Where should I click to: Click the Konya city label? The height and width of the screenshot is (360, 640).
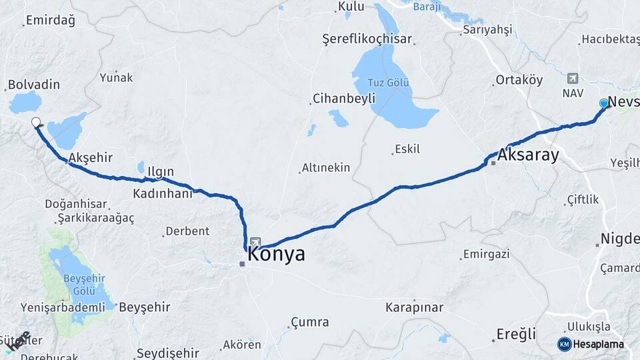[277, 254]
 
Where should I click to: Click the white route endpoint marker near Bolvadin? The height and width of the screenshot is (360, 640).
[36, 122]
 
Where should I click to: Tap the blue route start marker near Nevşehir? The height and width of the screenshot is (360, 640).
[603, 103]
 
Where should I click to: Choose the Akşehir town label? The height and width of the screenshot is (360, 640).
[90, 157]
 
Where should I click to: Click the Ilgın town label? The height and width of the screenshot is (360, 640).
[161, 172]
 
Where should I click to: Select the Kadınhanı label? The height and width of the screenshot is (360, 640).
[163, 193]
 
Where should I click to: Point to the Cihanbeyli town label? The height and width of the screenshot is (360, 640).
[341, 99]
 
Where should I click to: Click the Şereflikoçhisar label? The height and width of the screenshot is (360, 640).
[377, 39]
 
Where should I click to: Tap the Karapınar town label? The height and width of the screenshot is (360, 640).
[414, 307]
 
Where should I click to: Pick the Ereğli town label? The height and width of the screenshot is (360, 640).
[516, 335]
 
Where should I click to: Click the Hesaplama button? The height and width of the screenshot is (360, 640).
[592, 344]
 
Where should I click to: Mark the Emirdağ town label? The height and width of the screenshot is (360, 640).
[51, 20]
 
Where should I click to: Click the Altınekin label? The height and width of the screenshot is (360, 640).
[325, 167]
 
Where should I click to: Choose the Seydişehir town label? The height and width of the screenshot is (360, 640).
[167, 353]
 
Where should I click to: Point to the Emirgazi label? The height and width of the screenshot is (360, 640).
[487, 254]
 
